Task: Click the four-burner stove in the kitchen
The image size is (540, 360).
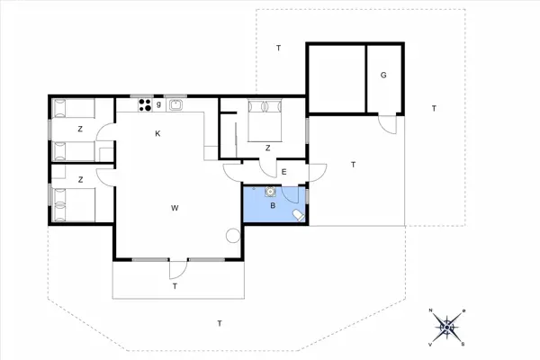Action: pos(144,105)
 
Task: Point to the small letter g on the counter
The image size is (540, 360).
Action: pos(159,104)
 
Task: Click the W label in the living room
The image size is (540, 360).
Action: pos(175,208)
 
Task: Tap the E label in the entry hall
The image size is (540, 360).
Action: pos(283,172)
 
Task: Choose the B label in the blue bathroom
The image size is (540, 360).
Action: pos(274,205)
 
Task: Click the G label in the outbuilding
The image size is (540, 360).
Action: pos(382,75)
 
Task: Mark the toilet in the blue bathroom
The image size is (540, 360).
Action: pos(298,215)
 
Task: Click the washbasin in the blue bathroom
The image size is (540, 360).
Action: pos(270,190)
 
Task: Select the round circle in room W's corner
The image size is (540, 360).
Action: pos(233,236)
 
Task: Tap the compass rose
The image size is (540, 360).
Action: pos(447,326)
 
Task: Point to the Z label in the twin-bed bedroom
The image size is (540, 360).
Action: pos(80,179)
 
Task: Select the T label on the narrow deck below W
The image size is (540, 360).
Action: pos(175,286)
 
